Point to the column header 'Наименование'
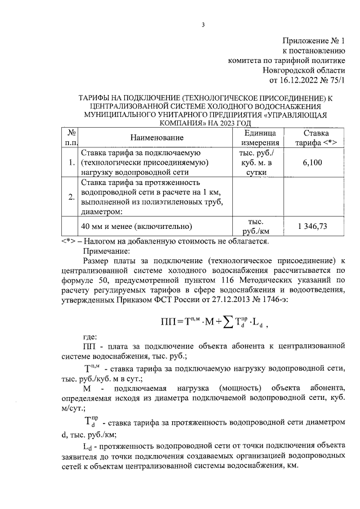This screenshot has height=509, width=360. tap(157, 138)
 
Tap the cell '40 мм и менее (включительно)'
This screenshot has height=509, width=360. tap(137, 227)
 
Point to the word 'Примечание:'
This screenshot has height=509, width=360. tap(106, 251)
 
